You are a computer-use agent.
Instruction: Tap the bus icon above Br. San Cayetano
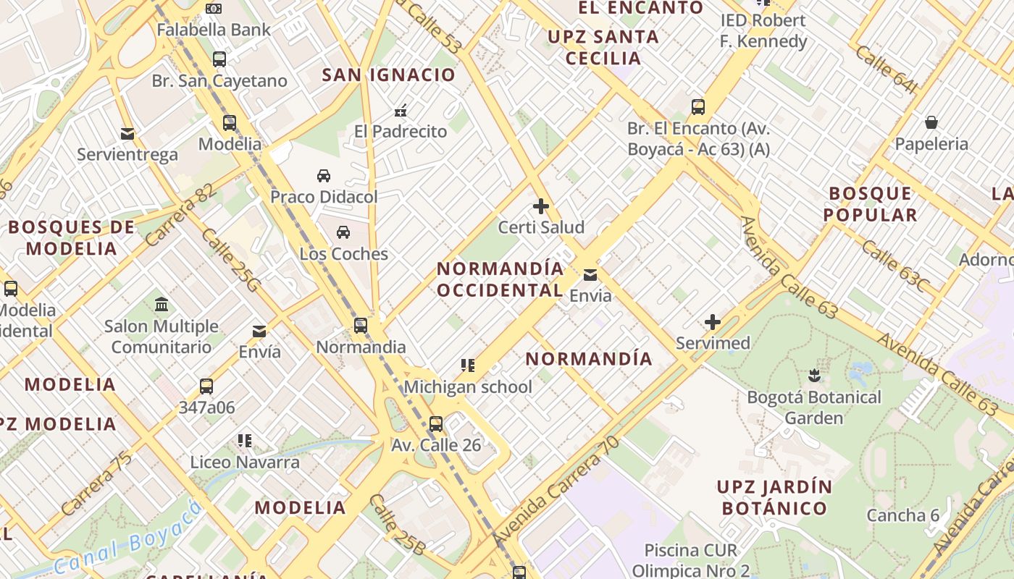coord(219,59)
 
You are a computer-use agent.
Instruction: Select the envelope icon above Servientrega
coord(127,134)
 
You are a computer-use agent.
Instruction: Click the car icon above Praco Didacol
coord(324,176)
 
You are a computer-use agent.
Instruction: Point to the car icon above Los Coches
coord(343,232)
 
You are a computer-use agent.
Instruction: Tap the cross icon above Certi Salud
coord(541,206)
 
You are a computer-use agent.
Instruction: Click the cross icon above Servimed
coord(713,322)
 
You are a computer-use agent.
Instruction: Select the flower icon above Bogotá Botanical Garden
coord(814,376)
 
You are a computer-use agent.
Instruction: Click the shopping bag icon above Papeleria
coord(931,122)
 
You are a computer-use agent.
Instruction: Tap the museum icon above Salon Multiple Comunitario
coord(162,304)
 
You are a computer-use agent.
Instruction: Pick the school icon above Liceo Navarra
coord(245,440)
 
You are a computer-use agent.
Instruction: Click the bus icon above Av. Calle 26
coord(436,423)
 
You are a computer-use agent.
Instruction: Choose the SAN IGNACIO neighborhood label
coord(389,75)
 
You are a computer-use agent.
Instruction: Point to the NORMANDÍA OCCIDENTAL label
coord(500,279)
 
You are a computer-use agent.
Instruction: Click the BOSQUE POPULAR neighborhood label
coord(870,204)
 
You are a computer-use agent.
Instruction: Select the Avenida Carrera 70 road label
coord(556,491)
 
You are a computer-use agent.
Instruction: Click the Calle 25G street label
coord(230,261)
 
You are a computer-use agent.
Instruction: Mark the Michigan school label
coord(468,387)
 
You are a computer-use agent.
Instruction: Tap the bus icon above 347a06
coord(206,386)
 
